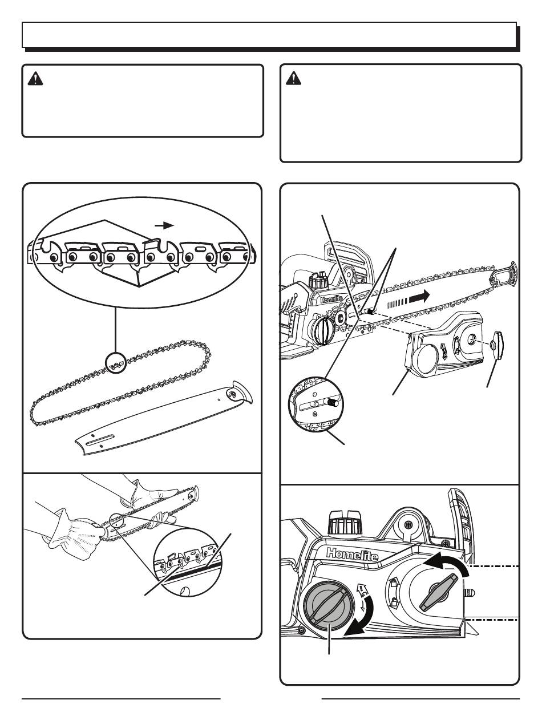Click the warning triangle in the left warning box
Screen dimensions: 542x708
click(35, 79)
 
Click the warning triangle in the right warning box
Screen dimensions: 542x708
click(293, 78)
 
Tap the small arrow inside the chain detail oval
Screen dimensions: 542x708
click(164, 225)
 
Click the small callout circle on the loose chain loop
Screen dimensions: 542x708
click(116, 363)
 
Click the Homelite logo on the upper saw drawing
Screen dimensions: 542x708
click(331, 299)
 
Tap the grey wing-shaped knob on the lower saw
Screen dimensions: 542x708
click(438, 592)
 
